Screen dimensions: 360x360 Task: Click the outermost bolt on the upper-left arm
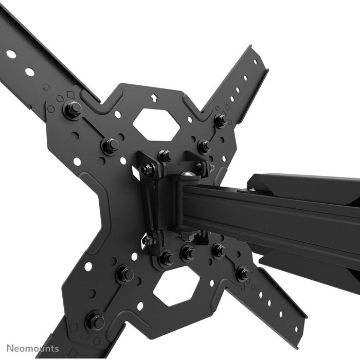[x=73, y=109]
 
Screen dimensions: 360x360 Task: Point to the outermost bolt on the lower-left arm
[x=96, y=321]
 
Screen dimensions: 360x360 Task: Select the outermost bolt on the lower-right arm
[x=242, y=273]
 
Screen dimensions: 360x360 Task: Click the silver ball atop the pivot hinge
[x=189, y=176]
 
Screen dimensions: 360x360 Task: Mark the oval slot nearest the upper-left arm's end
[x=11, y=53]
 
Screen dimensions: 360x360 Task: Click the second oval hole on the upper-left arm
[x=30, y=72]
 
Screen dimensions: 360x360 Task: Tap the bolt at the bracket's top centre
[x=165, y=155]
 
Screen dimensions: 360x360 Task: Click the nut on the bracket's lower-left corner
[x=148, y=240]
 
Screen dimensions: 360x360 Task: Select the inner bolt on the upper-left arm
[x=110, y=145]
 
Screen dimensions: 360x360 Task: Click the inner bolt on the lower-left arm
[x=125, y=274]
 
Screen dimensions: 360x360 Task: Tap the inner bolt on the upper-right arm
[x=204, y=146]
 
